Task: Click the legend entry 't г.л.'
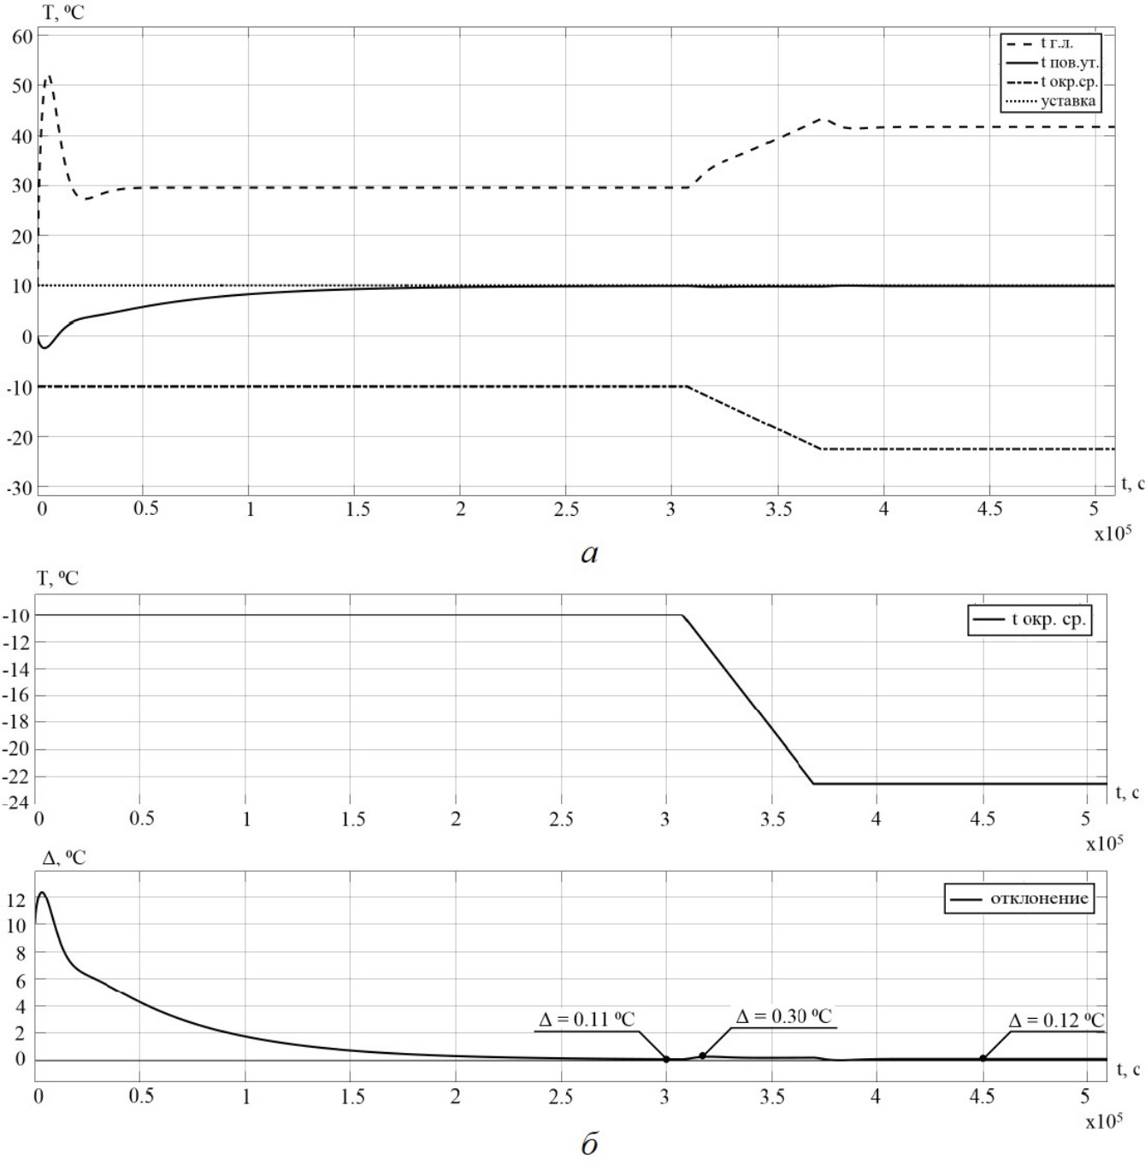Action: pos(1056,43)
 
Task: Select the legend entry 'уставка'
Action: pos(1067,101)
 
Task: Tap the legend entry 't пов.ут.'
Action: pos(1069,62)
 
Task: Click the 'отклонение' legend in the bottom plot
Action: pos(1038,898)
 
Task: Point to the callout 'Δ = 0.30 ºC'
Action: pos(783,1016)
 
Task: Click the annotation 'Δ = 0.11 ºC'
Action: pos(587,1020)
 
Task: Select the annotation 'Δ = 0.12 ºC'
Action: pos(1056,1020)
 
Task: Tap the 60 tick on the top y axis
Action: pos(22,36)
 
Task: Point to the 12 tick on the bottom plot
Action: pos(17,900)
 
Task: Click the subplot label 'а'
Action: pos(589,553)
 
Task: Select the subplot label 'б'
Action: pos(589,1144)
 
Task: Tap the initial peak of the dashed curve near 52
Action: pos(49,75)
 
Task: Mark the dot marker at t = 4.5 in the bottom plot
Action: pos(983,1059)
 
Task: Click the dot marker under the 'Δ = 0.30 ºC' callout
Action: pos(703,1056)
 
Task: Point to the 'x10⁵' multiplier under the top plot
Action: pos(1112,534)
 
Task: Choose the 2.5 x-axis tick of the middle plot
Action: pos(561,819)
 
